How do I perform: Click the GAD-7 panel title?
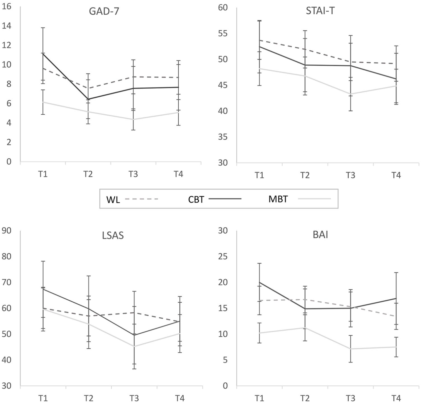click(104, 12)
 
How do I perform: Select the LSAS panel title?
click(113, 235)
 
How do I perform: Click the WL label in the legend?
click(113, 200)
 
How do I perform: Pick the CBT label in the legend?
click(196, 199)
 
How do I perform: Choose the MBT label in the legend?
click(278, 199)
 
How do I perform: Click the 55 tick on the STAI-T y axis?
click(223, 34)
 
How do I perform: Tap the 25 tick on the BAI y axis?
click(223, 256)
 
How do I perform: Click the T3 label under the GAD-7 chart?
click(133, 174)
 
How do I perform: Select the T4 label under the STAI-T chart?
click(396, 175)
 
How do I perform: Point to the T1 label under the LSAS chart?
click(43, 398)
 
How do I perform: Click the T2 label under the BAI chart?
click(305, 398)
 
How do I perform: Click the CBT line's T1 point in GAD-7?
click(43, 53)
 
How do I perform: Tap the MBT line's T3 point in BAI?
click(351, 349)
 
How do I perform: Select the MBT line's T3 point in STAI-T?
click(351, 94)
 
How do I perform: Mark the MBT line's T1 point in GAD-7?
click(43, 102)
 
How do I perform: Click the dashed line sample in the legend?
click(141, 199)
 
